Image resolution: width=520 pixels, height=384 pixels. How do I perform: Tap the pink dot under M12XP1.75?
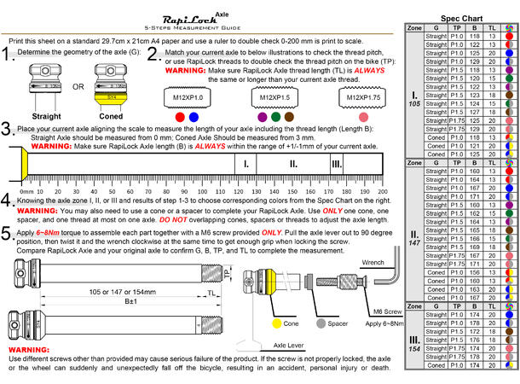[364, 116]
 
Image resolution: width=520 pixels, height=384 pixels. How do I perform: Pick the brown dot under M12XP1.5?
[290, 116]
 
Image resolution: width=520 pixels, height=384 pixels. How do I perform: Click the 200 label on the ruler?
[382, 192]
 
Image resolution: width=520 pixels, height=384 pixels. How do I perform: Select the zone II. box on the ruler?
[293, 164]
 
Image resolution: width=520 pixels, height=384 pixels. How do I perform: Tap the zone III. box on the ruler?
[337, 164]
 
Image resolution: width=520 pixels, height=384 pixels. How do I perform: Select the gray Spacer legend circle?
[321, 324]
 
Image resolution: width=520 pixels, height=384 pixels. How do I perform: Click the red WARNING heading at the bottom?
[28, 351]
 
